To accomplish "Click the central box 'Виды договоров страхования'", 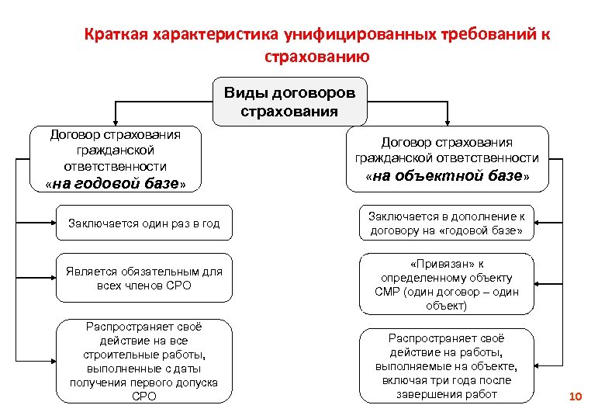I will [290, 102].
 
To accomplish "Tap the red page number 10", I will [575, 396].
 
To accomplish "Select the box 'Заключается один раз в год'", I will [144, 223].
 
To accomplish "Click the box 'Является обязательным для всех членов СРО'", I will [144, 278].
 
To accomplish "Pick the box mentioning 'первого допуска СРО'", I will [144, 362].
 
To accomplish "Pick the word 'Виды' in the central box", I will [245, 93].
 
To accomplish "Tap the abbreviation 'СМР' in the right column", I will [388, 292].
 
